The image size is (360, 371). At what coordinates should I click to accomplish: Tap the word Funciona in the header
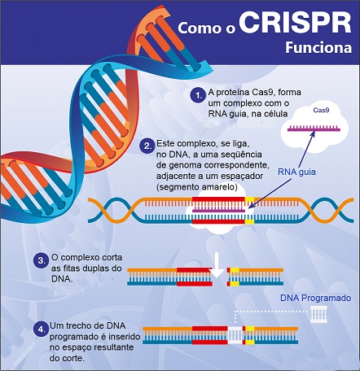coord(318,48)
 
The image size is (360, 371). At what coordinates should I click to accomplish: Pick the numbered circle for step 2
coord(147,146)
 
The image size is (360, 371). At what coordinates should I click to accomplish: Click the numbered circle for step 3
coord(41,261)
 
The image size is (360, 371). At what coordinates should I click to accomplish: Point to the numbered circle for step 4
coord(41,330)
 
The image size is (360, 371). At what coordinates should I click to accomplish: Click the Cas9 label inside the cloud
coord(321,110)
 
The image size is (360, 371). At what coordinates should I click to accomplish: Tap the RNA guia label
coord(296,172)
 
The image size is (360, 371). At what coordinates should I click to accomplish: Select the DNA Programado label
coord(315,298)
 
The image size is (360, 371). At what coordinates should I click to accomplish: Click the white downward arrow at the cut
coord(217,266)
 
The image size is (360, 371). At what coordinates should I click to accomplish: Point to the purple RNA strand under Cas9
coord(314,129)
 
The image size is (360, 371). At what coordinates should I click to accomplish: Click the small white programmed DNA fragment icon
coord(318,314)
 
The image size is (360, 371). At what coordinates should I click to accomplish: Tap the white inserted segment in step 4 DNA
coord(235,335)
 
